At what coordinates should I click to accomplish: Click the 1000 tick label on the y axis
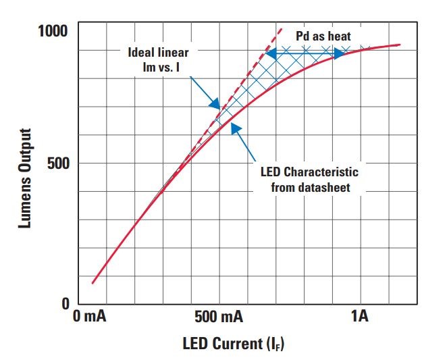coord(52,31)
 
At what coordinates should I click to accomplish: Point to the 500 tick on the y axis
coord(59,163)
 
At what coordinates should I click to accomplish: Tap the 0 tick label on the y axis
coord(65,303)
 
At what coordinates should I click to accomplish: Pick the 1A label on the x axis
coord(359,317)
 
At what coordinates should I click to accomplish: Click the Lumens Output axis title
coord(26,178)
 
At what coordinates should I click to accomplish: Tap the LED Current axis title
coord(234,344)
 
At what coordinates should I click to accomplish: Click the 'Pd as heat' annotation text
coord(323,35)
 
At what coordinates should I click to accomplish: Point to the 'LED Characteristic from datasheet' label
coord(311,180)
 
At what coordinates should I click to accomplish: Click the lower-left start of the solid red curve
coord(93,283)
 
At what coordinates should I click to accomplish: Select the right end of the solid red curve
coord(400,45)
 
